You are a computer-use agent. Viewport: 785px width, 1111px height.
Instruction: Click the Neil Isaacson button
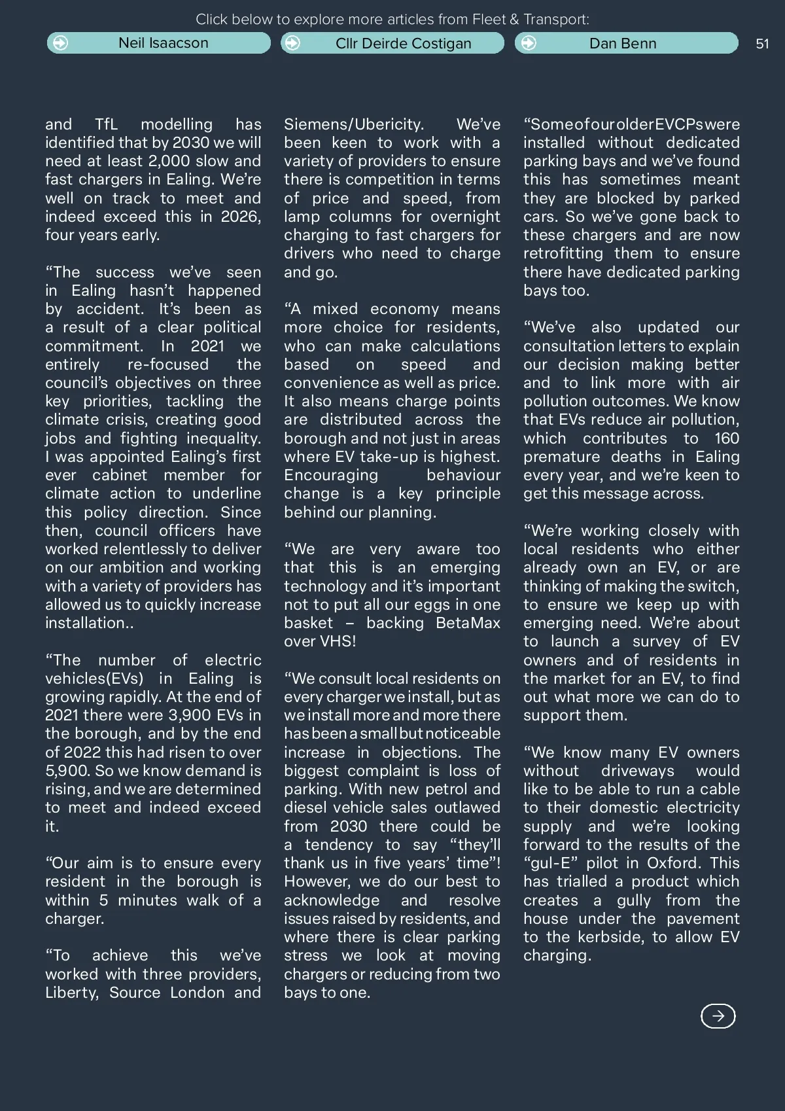coord(159,43)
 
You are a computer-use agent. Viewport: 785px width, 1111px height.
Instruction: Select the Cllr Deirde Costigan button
coord(392,43)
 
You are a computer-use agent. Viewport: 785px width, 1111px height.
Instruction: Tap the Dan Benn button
coord(626,43)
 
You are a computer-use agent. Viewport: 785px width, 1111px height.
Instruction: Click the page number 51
coord(762,44)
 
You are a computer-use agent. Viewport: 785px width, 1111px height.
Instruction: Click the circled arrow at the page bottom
coord(718,1015)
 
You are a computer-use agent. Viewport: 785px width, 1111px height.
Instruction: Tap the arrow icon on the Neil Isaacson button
coord(60,43)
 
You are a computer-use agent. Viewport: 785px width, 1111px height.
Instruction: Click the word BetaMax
coord(467,623)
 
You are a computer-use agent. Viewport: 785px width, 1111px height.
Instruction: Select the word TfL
coord(106,124)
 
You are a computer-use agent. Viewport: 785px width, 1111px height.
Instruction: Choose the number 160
coord(726,438)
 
